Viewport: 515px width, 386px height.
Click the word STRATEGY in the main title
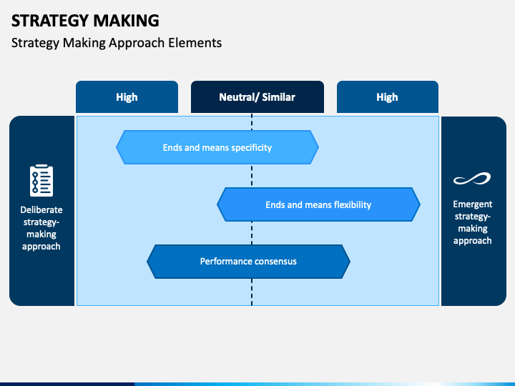(48, 21)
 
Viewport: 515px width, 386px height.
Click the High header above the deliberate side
(127, 96)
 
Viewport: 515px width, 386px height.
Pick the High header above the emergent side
(388, 96)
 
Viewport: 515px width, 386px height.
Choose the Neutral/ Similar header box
(257, 96)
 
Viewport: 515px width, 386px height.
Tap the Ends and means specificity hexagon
(217, 147)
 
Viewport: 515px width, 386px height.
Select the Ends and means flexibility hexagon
(318, 204)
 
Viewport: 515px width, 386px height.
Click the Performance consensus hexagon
(248, 262)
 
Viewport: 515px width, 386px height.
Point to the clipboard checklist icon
(41, 181)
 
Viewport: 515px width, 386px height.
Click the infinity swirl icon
(472, 179)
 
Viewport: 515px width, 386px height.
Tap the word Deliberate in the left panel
(41, 209)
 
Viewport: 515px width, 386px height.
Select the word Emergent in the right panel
(473, 204)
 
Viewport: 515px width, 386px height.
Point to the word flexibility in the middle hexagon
(353, 205)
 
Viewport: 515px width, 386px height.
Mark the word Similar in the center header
(278, 96)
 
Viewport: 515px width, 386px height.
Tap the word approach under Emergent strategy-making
(473, 241)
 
